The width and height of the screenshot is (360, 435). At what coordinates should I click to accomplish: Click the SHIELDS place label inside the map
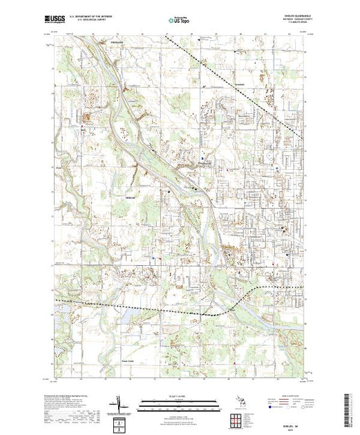(x=132, y=196)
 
